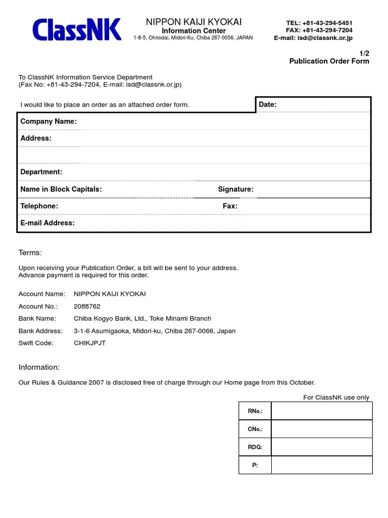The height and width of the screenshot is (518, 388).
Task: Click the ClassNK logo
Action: (x=77, y=30)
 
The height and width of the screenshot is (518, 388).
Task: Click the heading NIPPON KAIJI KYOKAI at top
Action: (x=193, y=22)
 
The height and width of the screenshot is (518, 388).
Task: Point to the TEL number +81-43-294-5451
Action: (x=319, y=23)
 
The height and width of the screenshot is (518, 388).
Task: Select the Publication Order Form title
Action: (x=329, y=61)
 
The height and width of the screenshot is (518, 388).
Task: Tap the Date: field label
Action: (x=268, y=105)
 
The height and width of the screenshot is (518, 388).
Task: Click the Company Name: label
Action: (x=48, y=121)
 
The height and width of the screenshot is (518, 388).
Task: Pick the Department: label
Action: (x=41, y=172)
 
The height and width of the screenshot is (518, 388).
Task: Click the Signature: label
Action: (x=235, y=189)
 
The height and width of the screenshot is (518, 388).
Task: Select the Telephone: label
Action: (x=39, y=206)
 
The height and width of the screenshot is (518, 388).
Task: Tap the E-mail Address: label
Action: (x=47, y=223)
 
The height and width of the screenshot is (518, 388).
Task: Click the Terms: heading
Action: (x=30, y=253)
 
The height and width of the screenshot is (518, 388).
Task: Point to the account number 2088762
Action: (x=87, y=306)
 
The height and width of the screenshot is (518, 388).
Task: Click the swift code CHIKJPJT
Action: (x=90, y=343)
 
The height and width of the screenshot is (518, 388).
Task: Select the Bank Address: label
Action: (x=40, y=331)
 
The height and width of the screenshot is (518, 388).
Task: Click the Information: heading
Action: (x=39, y=367)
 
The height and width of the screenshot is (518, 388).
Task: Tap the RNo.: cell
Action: (x=255, y=411)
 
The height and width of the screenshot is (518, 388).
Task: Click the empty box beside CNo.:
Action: (x=321, y=429)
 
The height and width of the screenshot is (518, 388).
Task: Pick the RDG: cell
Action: (x=255, y=447)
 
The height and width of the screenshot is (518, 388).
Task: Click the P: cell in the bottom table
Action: (x=255, y=465)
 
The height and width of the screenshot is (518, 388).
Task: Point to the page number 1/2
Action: (x=364, y=53)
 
